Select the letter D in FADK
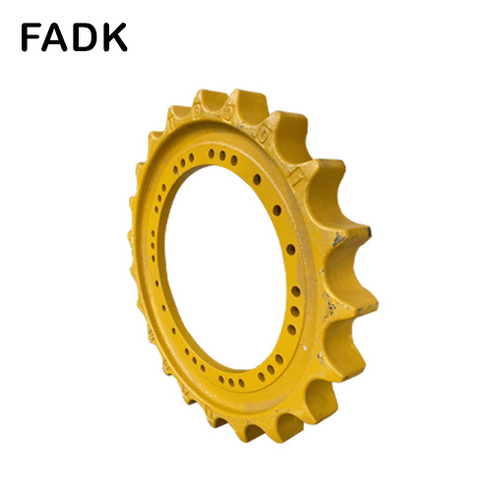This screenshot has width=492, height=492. (x=85, y=37)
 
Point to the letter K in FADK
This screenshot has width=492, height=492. (x=114, y=37)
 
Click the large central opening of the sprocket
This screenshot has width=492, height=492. (x=225, y=267)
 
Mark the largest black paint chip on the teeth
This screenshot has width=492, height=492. (x=338, y=239)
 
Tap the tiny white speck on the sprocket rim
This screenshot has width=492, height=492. (x=305, y=346)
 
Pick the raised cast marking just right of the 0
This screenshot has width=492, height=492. (x=263, y=136)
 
